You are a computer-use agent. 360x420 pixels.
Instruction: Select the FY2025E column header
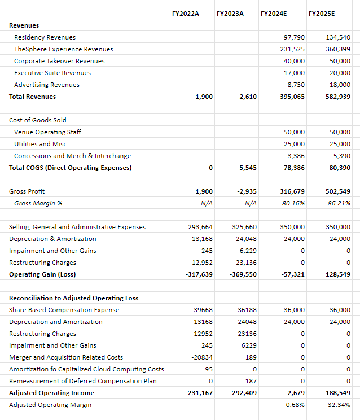(323, 12)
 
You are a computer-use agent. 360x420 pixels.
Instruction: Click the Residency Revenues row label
(45, 37)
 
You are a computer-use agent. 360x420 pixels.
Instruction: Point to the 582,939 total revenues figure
(338, 97)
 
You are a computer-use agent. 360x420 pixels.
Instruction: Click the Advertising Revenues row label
(47, 85)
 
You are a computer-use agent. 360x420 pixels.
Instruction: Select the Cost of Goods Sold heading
(37, 120)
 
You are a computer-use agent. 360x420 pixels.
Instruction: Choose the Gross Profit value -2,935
(247, 191)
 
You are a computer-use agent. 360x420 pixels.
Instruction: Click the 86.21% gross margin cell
(339, 203)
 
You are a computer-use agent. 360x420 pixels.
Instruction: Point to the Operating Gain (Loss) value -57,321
(292, 274)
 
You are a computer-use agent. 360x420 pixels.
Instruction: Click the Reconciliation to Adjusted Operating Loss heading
(73, 298)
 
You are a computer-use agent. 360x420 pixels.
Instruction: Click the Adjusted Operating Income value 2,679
(296, 393)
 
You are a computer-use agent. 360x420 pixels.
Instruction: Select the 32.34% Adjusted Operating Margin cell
(340, 405)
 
